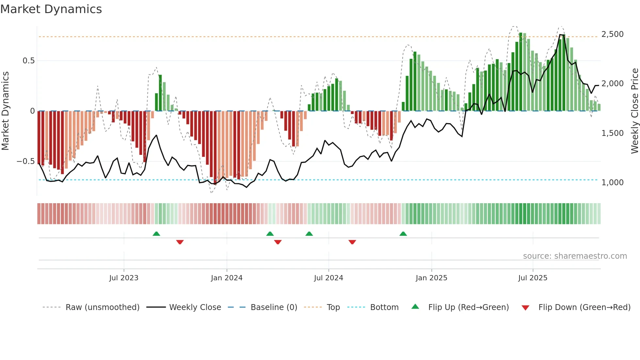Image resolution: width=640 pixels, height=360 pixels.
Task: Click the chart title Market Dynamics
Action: point(51,9)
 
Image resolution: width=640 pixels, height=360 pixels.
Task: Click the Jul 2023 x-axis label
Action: point(124,278)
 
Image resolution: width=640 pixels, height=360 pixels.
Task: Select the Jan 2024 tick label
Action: point(227,278)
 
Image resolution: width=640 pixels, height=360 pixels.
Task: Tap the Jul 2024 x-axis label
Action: point(328,278)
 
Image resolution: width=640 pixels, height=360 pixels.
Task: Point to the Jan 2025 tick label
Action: point(431,278)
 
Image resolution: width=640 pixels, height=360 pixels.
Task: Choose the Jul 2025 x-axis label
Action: point(533,278)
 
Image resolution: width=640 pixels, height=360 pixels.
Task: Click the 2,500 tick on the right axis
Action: point(612,34)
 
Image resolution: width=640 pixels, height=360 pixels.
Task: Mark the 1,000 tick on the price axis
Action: point(612,183)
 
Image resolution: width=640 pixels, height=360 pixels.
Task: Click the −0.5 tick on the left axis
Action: point(25,161)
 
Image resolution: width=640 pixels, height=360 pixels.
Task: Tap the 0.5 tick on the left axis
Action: point(28,61)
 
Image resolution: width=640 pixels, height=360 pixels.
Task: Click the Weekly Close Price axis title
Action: point(634,111)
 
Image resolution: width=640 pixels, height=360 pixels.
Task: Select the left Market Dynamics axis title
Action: point(5,111)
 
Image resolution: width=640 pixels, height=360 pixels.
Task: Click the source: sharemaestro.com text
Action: point(575,256)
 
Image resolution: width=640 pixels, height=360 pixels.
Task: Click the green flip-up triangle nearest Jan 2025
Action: point(403,234)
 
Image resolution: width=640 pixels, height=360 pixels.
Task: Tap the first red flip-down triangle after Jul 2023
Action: point(180,242)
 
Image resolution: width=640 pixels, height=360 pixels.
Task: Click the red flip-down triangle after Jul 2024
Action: point(352,242)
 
